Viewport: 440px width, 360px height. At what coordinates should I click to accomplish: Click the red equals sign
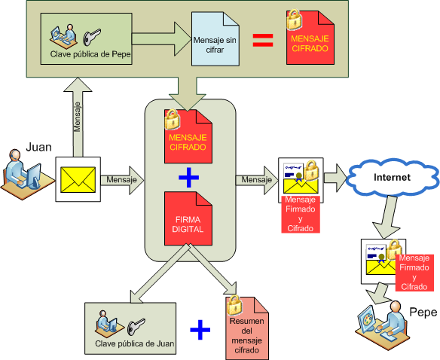coord(263,40)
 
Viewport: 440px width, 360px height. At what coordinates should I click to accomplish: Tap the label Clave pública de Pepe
coord(90,54)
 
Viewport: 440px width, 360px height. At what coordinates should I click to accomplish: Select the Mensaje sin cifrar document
coord(215,38)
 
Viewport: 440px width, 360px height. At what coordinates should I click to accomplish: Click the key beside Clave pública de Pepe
coord(91,36)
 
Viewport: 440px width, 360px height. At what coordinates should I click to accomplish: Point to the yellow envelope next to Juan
coord(78,179)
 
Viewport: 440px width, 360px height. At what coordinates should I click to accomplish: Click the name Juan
coord(38,147)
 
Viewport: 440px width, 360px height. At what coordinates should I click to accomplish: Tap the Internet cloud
coord(393,177)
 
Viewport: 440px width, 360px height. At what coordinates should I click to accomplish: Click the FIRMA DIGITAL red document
coord(188,218)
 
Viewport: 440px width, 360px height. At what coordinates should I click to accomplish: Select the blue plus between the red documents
coord(189,177)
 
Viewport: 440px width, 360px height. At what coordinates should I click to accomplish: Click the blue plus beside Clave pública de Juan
coord(200,330)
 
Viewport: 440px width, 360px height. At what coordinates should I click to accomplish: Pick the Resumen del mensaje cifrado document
coord(247,328)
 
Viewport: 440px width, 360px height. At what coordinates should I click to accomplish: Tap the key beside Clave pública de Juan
coord(136,327)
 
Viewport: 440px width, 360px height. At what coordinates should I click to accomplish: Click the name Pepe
coord(423,312)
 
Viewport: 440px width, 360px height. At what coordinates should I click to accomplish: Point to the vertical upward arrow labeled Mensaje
coord(78,117)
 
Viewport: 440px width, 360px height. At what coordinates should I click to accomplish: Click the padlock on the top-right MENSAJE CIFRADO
coord(295,20)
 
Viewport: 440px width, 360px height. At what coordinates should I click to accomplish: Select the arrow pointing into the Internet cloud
coord(335,178)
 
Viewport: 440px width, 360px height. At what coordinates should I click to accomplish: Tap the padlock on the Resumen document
coord(234,305)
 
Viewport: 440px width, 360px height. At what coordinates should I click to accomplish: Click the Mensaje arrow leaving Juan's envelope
coord(122,180)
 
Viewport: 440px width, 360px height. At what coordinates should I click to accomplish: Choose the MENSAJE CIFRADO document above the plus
coord(188,136)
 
